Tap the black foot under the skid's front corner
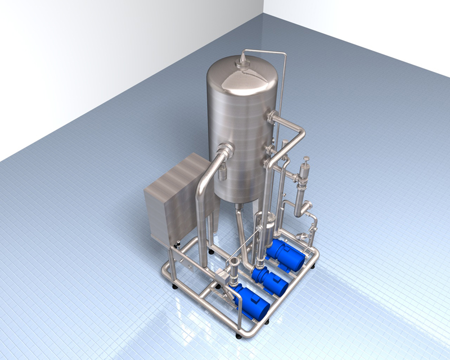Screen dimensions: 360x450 pyautogui.click(x=239, y=336)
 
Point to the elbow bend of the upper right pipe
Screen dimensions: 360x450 pyautogui.click(x=302, y=132)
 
